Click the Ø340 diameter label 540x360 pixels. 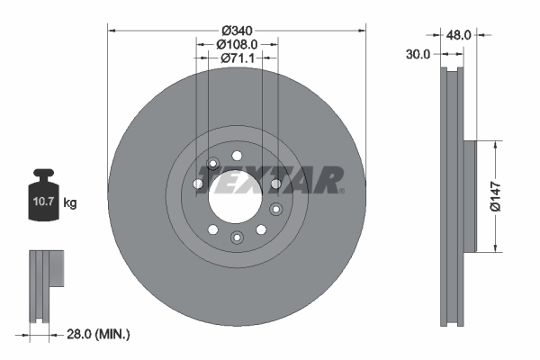237,28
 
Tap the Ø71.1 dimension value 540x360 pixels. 238,58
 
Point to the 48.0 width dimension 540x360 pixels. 460,34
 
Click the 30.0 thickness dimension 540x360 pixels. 416,54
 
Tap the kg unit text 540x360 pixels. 70,203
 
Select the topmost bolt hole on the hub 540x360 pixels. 237,156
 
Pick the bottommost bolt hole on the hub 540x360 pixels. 237,237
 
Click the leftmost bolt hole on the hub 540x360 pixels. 198,184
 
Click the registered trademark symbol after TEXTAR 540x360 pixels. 343,190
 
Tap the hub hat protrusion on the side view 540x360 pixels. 470,196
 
